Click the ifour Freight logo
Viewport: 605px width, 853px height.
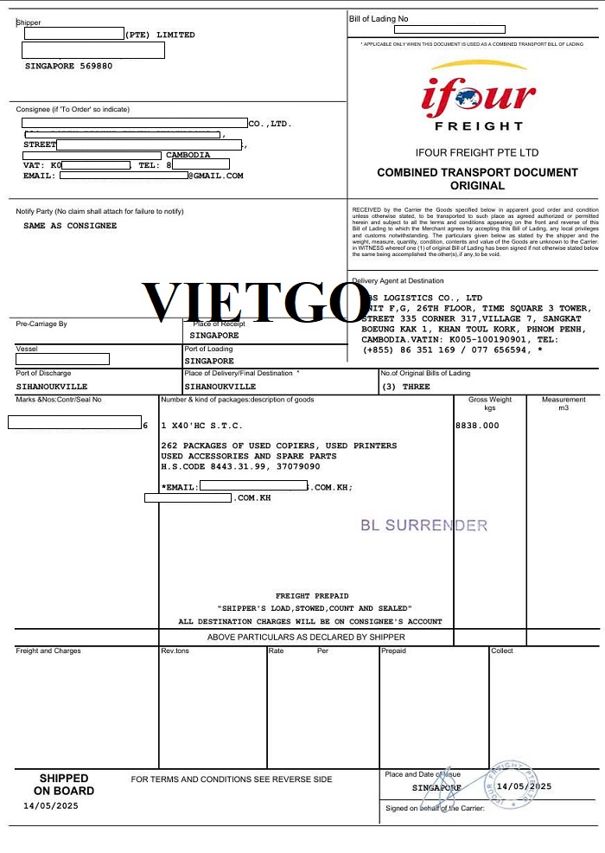[477, 98]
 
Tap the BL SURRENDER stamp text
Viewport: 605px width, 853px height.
[423, 525]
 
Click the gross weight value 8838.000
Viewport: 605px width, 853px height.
[477, 426]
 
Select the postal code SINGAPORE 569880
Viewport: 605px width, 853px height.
[68, 66]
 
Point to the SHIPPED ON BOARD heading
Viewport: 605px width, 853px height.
[64, 785]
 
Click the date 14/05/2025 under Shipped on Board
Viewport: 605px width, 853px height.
[51, 805]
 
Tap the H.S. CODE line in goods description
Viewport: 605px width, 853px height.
[240, 466]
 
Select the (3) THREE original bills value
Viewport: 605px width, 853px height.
[405, 387]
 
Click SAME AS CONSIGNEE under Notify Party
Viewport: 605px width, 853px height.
[70, 226]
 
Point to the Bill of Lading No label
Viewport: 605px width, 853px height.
[379, 18]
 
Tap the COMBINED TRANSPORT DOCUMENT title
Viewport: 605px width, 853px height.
[477, 173]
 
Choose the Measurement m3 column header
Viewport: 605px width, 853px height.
[564, 403]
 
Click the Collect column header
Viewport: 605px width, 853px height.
[502, 651]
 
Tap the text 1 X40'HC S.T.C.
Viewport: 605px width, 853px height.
[202, 426]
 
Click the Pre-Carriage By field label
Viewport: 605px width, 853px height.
[41, 324]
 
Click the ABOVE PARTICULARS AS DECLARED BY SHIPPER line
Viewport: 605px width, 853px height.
[306, 638]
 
